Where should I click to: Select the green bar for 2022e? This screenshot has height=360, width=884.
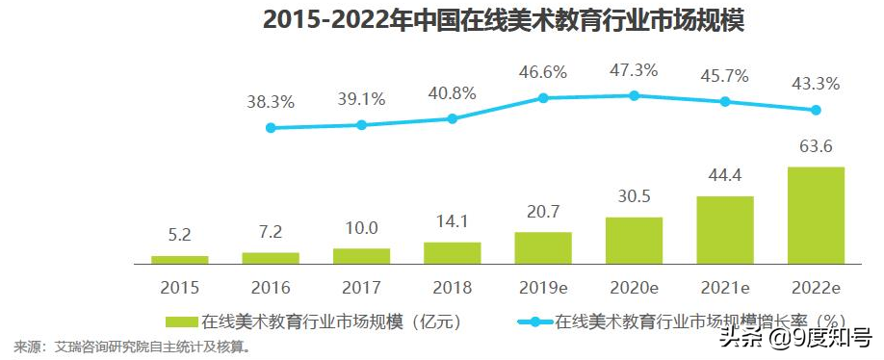point(816,214)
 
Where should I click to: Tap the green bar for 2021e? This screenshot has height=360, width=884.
point(724,229)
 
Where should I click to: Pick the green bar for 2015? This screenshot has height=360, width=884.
point(179,259)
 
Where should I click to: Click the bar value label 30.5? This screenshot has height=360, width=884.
point(634,196)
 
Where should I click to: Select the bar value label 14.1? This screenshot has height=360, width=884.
point(452,221)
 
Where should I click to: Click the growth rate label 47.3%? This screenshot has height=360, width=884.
point(634,70)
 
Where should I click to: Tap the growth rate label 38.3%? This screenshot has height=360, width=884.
point(271,101)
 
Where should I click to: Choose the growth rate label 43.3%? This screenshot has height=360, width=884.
point(816,84)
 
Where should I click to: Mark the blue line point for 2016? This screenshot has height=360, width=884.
point(271,127)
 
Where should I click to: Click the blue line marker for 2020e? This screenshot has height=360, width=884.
point(634,95)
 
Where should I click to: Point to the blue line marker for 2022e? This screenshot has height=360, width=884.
point(816,110)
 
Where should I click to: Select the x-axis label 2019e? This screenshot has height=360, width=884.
point(542,287)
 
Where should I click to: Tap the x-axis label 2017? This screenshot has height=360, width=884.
point(361,287)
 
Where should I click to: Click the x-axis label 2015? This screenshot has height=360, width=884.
point(179,287)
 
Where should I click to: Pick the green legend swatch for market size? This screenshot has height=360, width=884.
point(181,321)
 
